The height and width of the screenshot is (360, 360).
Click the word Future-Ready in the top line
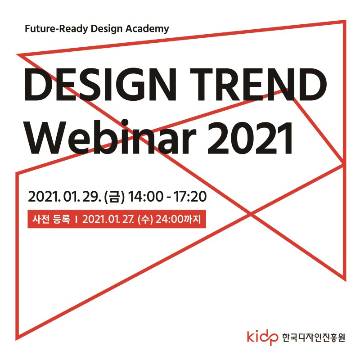(x=57, y=29)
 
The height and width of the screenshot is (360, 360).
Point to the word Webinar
(x=111, y=137)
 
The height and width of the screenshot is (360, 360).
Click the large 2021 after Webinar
(x=250, y=138)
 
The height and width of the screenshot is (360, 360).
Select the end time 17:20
(x=190, y=197)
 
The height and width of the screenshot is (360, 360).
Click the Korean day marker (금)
(x=114, y=197)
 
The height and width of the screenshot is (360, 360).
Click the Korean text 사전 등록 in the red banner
(x=51, y=219)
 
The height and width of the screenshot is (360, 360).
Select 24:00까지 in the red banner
(x=178, y=219)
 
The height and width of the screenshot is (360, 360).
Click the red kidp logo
(x=262, y=337)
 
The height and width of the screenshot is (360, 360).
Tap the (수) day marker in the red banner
(x=145, y=219)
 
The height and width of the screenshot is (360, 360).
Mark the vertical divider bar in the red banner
(x=76, y=219)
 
